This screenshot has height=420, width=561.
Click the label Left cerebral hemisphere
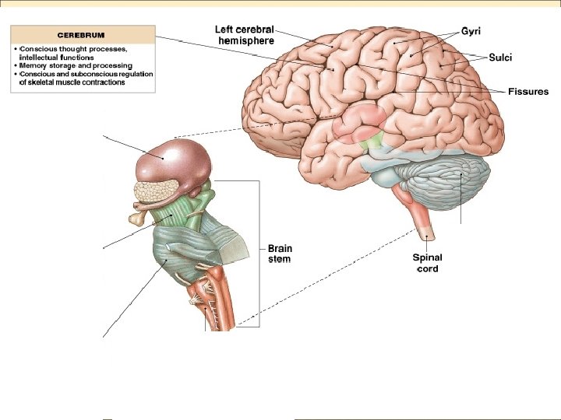tap(244, 35)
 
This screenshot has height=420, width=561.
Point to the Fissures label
tap(528, 92)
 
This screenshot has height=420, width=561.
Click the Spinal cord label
tap(428, 263)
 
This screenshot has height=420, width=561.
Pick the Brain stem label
tap(280, 254)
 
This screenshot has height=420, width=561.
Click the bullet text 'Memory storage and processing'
tap(71, 65)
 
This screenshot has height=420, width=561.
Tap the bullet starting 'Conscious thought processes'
tap(74, 48)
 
